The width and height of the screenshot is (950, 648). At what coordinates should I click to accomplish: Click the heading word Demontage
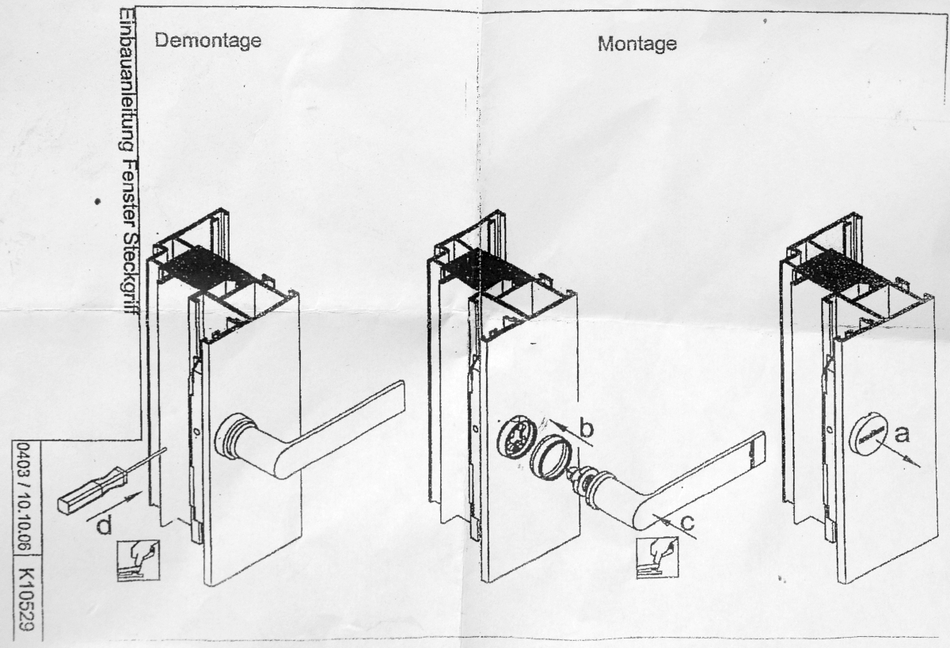[x=208, y=40]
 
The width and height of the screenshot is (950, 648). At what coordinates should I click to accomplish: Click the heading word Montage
[x=636, y=44]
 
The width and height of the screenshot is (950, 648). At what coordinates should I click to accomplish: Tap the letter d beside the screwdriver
[x=103, y=525]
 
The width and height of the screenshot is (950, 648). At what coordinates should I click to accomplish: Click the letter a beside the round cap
[x=902, y=434]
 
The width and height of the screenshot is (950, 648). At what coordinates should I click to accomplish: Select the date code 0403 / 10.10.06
[x=23, y=495]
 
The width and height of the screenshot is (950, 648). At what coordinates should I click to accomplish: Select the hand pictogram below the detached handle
[x=657, y=558]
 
